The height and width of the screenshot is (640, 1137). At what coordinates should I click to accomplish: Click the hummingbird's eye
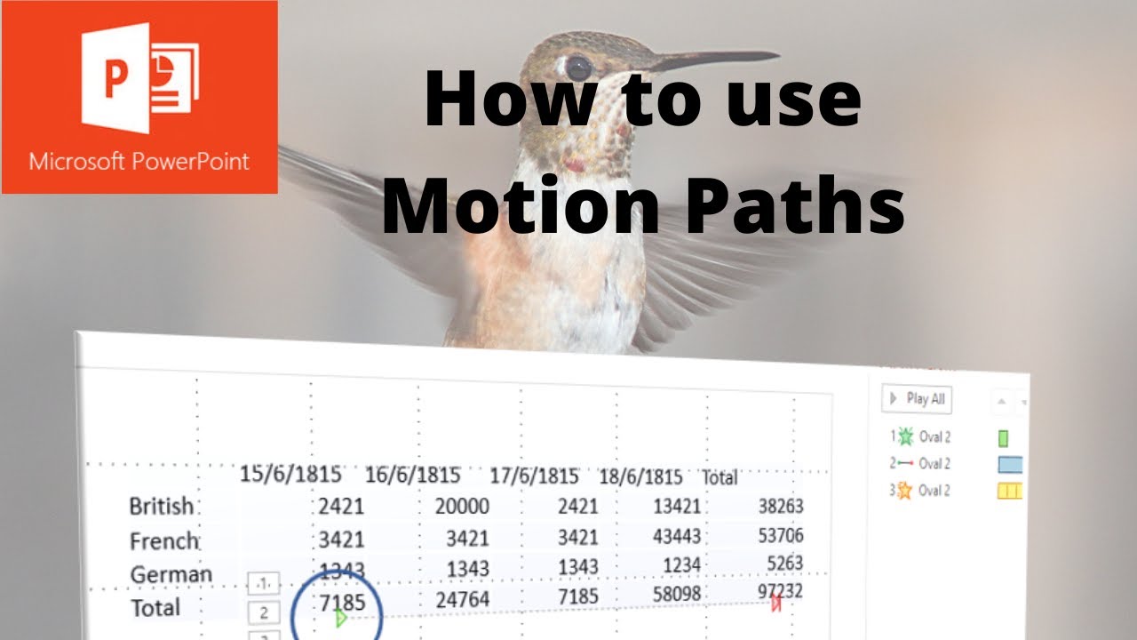coord(578,68)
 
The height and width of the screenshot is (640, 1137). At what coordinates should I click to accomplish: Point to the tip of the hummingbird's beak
coord(777,55)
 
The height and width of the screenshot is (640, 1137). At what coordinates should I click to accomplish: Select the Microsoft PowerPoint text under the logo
coord(139,162)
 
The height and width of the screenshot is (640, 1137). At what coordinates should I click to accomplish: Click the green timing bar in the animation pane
coord(1003,438)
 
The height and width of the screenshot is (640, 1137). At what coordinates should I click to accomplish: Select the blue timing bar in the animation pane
coord(1010,464)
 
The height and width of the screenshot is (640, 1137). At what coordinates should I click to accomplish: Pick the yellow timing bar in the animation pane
coord(1010,490)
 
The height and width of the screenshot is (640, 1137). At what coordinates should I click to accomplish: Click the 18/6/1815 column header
coord(640,477)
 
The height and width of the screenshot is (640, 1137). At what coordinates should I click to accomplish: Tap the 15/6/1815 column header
coord(290,474)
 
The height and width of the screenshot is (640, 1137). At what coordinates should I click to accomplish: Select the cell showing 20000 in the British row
coord(462,506)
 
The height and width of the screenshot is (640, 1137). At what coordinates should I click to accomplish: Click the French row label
coord(164,540)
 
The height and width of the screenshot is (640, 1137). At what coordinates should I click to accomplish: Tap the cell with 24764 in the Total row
coord(462,600)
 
